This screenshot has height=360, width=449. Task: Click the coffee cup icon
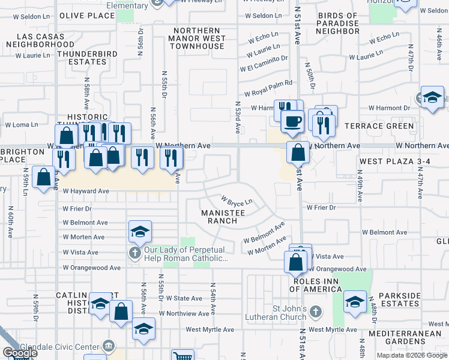pos(293,120)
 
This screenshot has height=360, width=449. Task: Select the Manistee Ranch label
pos(223,217)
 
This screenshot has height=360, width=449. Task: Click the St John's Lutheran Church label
pos(281,313)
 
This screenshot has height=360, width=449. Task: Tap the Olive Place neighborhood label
pos(88,16)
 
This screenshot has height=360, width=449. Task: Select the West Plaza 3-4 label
pos(391,162)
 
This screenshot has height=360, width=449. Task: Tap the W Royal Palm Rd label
pos(268,88)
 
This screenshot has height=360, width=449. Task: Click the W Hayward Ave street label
pos(86,191)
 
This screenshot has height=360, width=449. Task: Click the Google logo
pos(20,353)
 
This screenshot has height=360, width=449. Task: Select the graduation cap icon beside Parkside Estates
pos(355,301)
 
